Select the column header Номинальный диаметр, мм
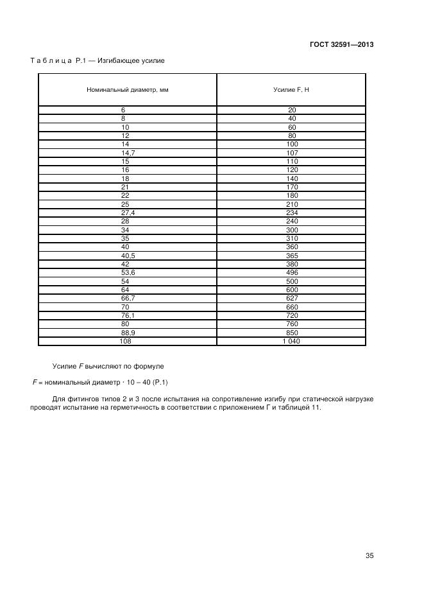128,89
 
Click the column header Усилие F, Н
291,89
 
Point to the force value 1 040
291,342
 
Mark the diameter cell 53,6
128,272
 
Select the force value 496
292,272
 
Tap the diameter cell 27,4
128,213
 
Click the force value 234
292,213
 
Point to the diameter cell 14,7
128,153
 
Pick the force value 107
292,153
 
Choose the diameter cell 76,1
128,317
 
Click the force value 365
292,255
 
